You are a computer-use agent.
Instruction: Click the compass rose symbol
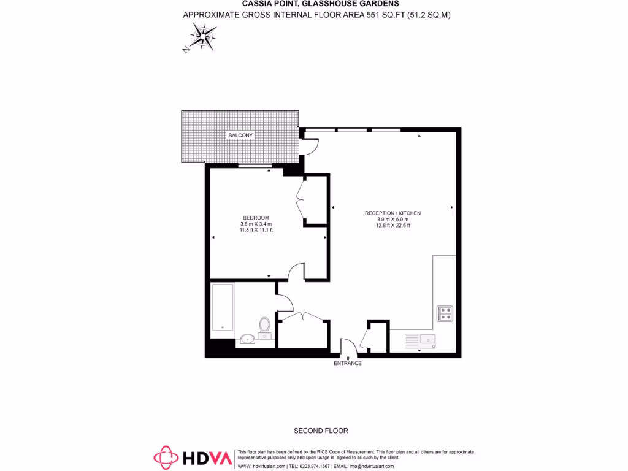click(x=201, y=37)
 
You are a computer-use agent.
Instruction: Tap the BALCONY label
click(x=240, y=135)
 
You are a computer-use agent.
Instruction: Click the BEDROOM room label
click(x=256, y=218)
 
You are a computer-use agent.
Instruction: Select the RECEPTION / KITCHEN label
click(x=392, y=213)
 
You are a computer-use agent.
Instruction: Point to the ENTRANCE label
click(x=347, y=363)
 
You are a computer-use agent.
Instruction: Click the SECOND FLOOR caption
click(x=321, y=431)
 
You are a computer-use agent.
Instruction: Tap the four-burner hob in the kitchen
click(x=445, y=313)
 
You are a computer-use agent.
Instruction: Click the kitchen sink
click(x=419, y=339)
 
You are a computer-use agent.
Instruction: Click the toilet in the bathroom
click(x=264, y=326)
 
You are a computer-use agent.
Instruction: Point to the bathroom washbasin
click(x=248, y=337)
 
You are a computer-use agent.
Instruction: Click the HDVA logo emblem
click(x=165, y=458)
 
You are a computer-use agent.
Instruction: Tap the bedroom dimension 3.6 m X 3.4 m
click(x=256, y=224)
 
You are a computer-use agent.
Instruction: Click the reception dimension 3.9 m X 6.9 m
click(x=392, y=219)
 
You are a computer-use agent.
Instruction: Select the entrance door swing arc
click(x=347, y=347)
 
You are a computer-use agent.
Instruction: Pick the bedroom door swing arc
click(x=296, y=272)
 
